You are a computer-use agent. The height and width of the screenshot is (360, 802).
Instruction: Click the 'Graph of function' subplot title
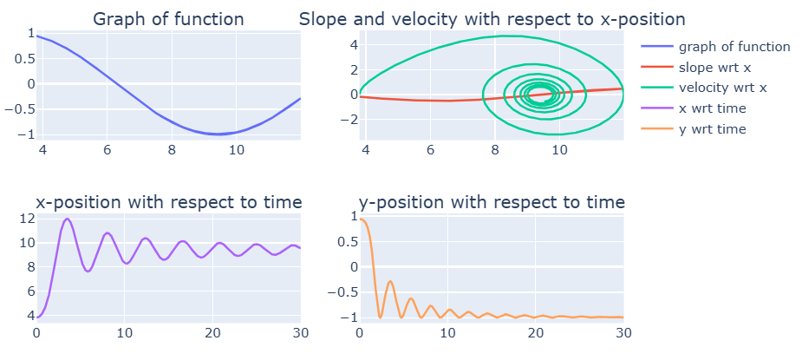[x=168, y=19]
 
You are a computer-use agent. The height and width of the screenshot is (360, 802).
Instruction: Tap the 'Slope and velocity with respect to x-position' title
[x=492, y=19]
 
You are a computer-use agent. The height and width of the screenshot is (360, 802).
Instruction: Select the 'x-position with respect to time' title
[x=168, y=203]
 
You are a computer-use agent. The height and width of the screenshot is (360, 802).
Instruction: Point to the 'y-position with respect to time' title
[x=492, y=203]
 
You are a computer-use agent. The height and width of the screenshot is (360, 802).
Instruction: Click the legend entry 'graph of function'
[x=734, y=47]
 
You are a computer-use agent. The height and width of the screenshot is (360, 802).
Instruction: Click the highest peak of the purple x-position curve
[x=67, y=219]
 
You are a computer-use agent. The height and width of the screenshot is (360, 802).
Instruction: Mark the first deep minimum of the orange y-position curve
[x=380, y=317]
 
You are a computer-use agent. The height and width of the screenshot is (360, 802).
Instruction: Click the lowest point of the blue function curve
[x=217, y=134]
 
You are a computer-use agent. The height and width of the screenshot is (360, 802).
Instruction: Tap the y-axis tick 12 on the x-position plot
[x=26, y=219]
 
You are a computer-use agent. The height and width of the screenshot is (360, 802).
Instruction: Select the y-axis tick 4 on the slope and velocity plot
[x=354, y=44]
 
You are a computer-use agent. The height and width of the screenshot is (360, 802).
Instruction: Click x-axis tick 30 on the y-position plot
[x=623, y=332]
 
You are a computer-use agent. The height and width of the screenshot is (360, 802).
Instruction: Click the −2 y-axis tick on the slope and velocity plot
[x=351, y=119]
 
